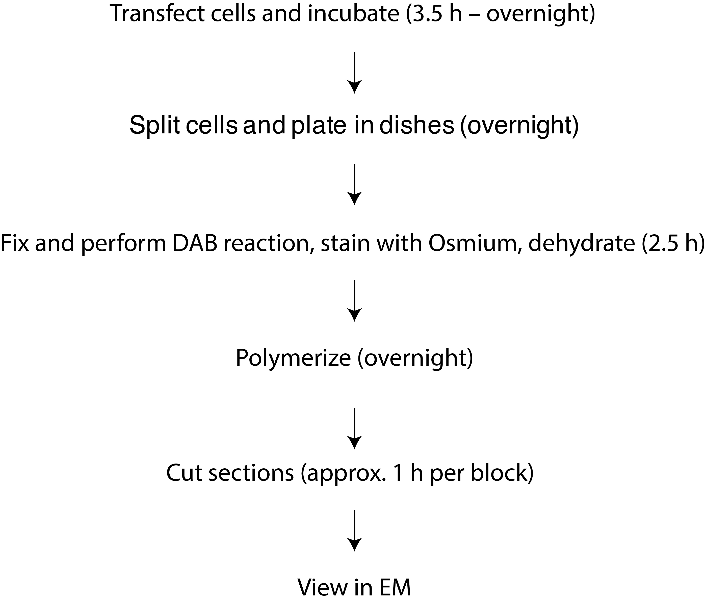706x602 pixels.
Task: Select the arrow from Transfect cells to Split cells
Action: coord(354,73)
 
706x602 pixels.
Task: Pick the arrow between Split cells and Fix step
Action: coord(354,184)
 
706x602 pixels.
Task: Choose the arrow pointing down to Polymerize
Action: coord(354,301)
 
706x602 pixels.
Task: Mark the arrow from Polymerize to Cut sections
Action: coord(354,428)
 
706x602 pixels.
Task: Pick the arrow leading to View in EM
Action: coord(354,530)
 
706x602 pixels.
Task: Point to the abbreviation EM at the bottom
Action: coord(395,587)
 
